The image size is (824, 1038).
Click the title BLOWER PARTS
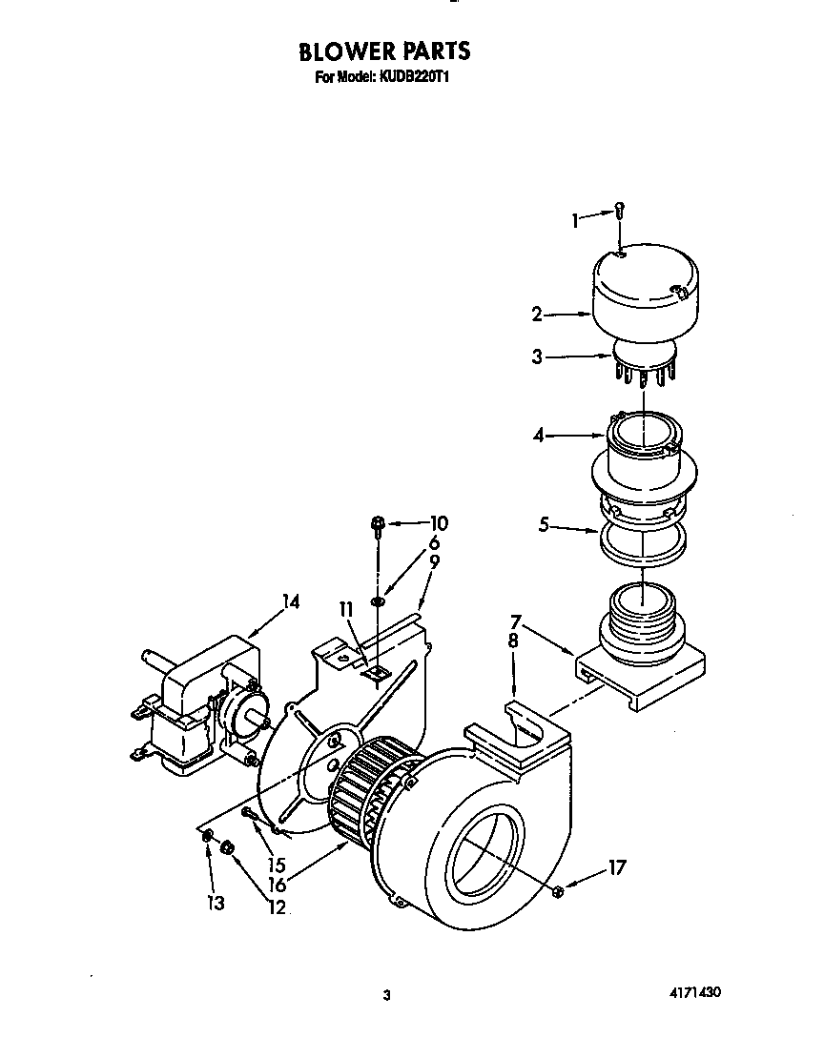tap(385, 51)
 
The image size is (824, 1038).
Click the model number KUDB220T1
tap(415, 77)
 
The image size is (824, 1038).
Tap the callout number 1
tap(575, 221)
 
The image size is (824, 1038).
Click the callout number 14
tap(290, 601)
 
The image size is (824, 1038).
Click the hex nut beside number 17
tap(558, 890)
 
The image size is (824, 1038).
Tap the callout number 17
tap(617, 868)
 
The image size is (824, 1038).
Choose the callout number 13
tap(216, 903)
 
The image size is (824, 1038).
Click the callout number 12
tap(277, 906)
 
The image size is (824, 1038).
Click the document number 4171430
tap(693, 992)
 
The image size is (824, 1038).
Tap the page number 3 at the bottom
tap(386, 995)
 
